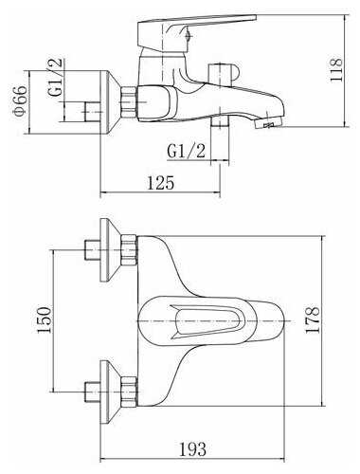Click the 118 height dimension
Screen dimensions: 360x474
[336, 70]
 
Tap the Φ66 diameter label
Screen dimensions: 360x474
[20, 100]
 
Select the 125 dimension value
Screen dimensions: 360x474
[161, 183]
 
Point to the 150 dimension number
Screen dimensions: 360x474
[44, 319]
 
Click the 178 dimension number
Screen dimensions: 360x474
[313, 319]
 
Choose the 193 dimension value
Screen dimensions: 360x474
[193, 449]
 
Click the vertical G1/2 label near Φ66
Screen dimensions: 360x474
[56, 78]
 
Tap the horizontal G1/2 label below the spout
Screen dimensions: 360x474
[187, 152]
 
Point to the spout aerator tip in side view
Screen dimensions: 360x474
[268, 121]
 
